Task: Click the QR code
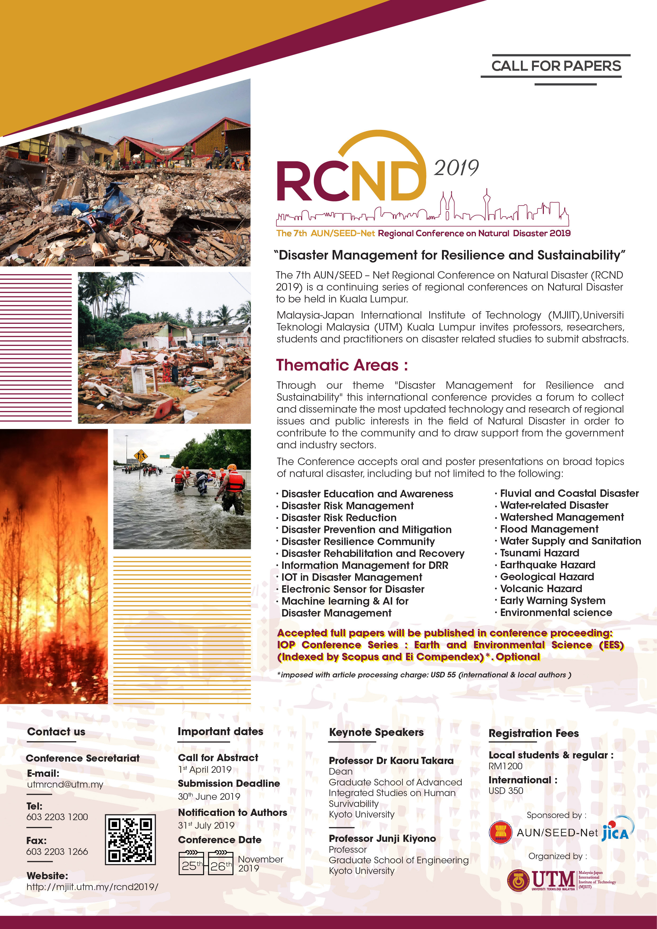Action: click(x=130, y=839)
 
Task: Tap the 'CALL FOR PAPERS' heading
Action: click(x=556, y=66)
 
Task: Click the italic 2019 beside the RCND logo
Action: click(x=456, y=168)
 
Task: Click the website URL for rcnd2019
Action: click(x=92, y=887)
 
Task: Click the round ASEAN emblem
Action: click(x=501, y=833)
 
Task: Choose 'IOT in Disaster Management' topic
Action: click(x=352, y=577)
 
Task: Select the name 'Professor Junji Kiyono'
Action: click(x=382, y=838)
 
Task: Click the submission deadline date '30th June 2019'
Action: click(x=209, y=796)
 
